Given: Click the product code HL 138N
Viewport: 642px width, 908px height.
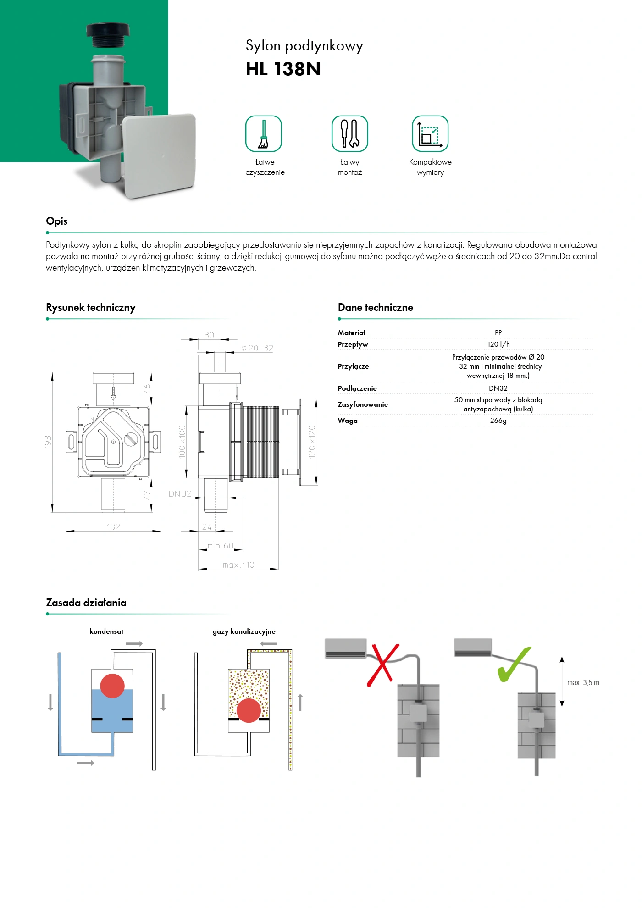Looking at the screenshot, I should [283, 69].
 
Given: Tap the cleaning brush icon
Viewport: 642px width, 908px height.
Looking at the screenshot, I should [264, 133].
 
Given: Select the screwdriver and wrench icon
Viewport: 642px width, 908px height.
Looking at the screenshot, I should [349, 133].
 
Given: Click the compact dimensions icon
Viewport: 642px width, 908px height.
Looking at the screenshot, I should [430, 133].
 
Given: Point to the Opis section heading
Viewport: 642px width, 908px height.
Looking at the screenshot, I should [57, 221].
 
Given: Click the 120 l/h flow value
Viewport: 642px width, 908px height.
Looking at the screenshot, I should [498, 344].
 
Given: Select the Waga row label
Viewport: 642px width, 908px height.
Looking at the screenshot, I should [348, 421].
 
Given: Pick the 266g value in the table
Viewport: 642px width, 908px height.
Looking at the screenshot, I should [498, 421].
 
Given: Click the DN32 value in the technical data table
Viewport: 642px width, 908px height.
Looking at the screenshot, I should [498, 388].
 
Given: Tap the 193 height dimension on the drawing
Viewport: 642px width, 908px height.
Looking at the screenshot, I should [48, 442].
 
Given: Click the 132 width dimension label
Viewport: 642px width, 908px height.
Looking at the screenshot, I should [113, 527].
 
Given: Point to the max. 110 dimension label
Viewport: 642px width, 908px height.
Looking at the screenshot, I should [238, 565].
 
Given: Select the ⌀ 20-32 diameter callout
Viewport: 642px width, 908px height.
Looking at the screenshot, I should [257, 349].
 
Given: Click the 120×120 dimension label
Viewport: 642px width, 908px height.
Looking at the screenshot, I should [312, 441].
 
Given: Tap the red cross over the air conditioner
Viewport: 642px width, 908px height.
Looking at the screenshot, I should [382, 665].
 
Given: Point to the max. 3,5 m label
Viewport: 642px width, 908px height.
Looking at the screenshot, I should [583, 683].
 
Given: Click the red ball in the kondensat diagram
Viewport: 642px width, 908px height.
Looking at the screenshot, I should [112, 686].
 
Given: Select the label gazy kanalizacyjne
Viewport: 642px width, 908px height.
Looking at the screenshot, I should [244, 631].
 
